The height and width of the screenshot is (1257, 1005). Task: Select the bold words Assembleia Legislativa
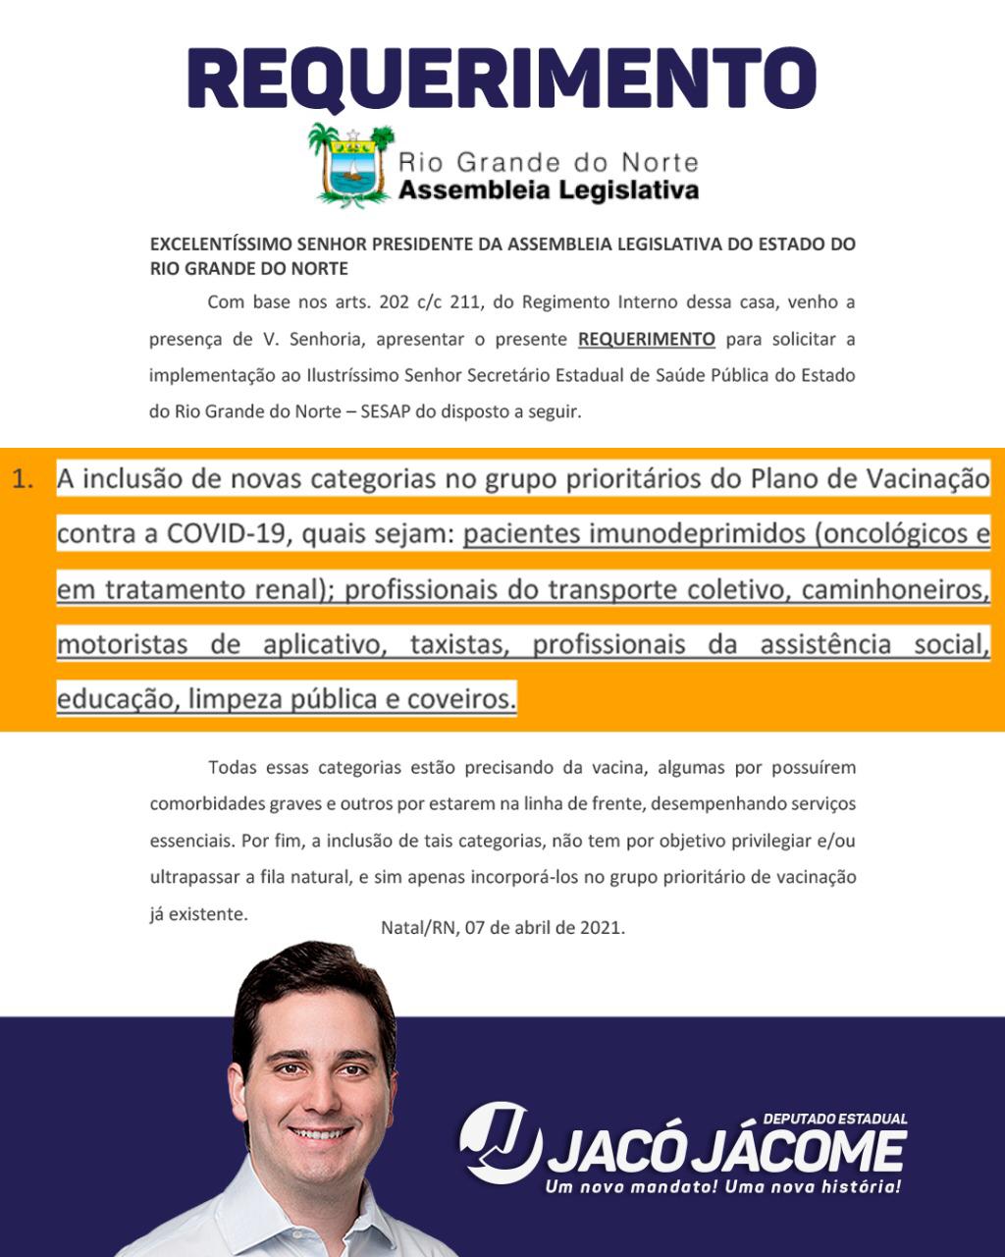(x=548, y=189)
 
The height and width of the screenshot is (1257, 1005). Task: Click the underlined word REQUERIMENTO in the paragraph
(x=646, y=339)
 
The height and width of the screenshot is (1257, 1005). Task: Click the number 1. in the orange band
(x=25, y=479)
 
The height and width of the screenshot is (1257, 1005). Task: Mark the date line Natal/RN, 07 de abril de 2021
(x=502, y=926)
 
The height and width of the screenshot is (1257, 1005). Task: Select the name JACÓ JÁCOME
(x=726, y=1151)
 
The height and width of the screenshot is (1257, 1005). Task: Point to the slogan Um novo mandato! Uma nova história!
(x=723, y=1188)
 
